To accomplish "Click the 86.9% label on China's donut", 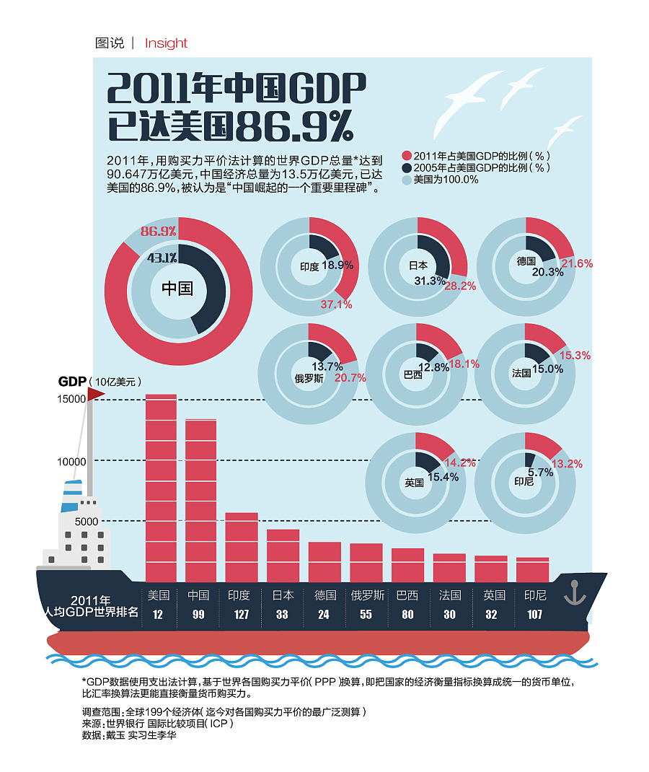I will click(x=159, y=232).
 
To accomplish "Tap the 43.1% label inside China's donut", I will click(x=162, y=258).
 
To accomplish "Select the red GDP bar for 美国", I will click(x=161, y=488).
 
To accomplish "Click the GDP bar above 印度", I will click(x=242, y=547).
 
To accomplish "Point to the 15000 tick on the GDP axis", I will click(x=71, y=399).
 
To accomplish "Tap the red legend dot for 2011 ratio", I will click(x=407, y=156).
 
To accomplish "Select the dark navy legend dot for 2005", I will click(x=407, y=167).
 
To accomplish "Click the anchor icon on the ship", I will click(x=574, y=592).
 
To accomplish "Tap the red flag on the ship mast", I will click(x=96, y=393).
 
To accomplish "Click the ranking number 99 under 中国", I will click(x=198, y=615).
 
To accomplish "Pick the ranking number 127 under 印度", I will click(x=240, y=615).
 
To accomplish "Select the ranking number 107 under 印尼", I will click(x=534, y=615).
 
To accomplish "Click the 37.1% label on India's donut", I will click(x=336, y=304).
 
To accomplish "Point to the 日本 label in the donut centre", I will click(x=418, y=266).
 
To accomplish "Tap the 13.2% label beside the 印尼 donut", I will click(x=567, y=464).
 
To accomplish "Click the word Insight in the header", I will click(x=166, y=43).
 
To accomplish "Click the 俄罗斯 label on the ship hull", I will click(x=367, y=595).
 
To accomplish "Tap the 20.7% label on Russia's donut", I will click(x=350, y=377).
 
